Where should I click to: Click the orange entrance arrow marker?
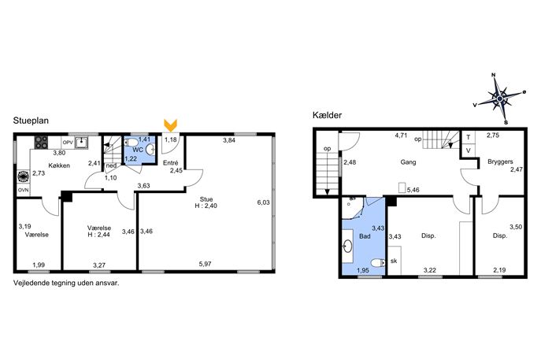(170, 125)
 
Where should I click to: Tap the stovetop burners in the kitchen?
(41, 143)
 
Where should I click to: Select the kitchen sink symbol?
(81, 142)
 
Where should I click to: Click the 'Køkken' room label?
(59, 165)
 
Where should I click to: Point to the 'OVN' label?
(23, 190)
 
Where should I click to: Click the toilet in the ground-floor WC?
(131, 143)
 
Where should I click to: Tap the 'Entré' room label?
(170, 163)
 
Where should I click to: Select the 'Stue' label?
(206, 199)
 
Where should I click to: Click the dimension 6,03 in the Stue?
(263, 202)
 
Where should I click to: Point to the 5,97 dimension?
(205, 264)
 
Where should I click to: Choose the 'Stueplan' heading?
(31, 121)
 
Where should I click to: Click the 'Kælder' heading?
(327, 115)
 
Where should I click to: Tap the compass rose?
(500, 99)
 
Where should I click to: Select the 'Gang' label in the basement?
(408, 161)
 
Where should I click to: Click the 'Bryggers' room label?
(500, 161)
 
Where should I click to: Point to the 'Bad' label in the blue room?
(365, 236)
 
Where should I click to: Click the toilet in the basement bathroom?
(378, 262)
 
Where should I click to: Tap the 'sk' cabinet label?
(394, 261)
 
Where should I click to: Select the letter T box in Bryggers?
(469, 137)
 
